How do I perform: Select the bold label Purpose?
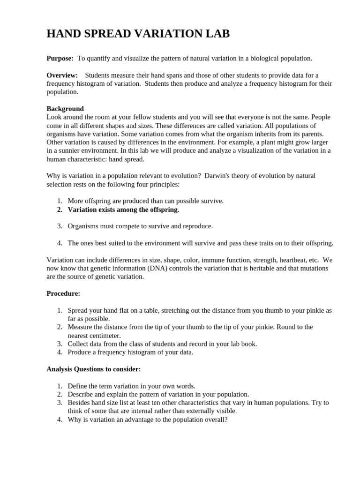click(60, 59)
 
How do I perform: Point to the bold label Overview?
click(62, 75)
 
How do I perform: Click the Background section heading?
click(65, 109)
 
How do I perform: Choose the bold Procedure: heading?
click(63, 293)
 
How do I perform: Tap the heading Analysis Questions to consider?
click(93, 369)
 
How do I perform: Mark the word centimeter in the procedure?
click(103, 335)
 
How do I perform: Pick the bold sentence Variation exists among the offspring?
click(123, 210)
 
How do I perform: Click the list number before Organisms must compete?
click(60, 226)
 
